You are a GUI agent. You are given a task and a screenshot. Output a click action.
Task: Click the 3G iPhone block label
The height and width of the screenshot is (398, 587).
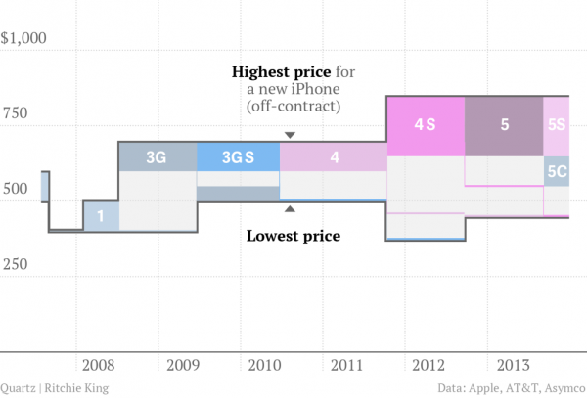click(x=156, y=156)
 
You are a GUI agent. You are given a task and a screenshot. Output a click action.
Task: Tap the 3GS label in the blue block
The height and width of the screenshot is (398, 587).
click(x=238, y=156)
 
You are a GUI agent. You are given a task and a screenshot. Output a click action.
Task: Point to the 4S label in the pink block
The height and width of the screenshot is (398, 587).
click(x=425, y=125)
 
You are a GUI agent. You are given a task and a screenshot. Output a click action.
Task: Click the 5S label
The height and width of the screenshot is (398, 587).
click(x=558, y=125)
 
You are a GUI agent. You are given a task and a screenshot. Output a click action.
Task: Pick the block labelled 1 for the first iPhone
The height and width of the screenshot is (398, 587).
click(x=101, y=216)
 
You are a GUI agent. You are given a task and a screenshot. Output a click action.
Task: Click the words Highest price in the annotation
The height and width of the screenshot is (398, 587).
click(x=280, y=72)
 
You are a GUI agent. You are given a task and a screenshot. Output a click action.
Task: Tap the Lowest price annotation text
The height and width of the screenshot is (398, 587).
click(x=293, y=235)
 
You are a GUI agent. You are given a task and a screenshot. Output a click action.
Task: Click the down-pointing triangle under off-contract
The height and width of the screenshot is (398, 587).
click(x=289, y=135)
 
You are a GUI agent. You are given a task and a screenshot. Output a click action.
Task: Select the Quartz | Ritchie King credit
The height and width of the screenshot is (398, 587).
click(x=55, y=387)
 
